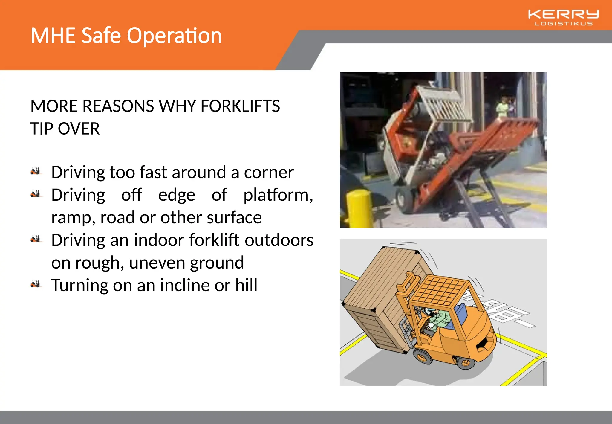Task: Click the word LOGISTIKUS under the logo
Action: tap(563, 24)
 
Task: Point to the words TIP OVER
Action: tap(65, 129)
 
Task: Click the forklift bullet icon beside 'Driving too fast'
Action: tap(36, 171)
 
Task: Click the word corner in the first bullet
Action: tap(268, 173)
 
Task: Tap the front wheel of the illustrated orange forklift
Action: tap(422, 356)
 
